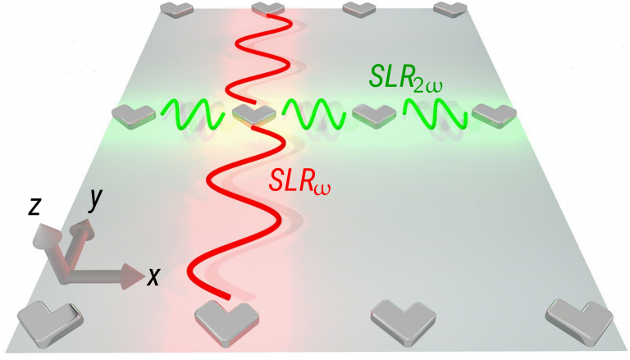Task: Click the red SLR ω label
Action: pyautogui.click(x=299, y=181)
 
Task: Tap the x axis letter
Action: pyautogui.click(x=153, y=276)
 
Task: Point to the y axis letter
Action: pyautogui.click(x=96, y=199)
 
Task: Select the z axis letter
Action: pyautogui.click(x=34, y=206)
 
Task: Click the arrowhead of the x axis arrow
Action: pyautogui.click(x=133, y=276)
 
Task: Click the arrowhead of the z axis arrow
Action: pyautogui.click(x=47, y=234)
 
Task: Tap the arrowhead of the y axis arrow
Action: pyautogui.click(x=83, y=227)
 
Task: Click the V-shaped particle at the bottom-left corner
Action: pyautogui.click(x=49, y=322)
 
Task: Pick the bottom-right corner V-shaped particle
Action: pyautogui.click(x=579, y=322)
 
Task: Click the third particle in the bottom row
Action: pyautogui.click(x=404, y=321)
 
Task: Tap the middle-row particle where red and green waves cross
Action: pyautogui.click(x=254, y=116)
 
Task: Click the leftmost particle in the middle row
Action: pyautogui.click(x=134, y=116)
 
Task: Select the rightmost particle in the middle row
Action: pyautogui.click(x=494, y=116)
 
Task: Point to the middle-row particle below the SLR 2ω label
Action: pyautogui.click(x=374, y=116)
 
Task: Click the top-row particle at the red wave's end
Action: pyautogui.click(x=268, y=9)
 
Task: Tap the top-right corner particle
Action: pyautogui.click(x=451, y=9)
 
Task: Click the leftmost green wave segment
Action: pyautogui.click(x=192, y=114)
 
